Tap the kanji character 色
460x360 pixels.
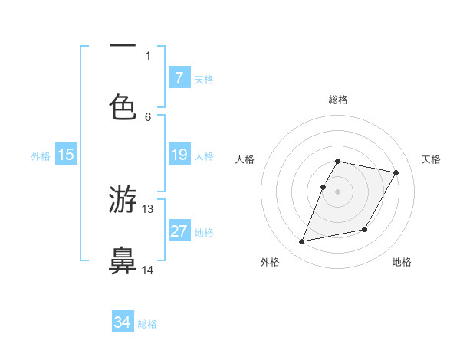[x=123, y=106]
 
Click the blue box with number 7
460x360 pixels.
[x=179, y=78]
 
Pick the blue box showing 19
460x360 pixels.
[x=179, y=155]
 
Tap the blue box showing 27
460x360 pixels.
[x=179, y=232]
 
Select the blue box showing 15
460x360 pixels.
[x=66, y=155]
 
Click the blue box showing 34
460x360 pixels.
[x=123, y=323]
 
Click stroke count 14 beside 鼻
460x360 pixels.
[x=148, y=270]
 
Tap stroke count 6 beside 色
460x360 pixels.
[x=148, y=116]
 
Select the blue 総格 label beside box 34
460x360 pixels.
[x=147, y=324]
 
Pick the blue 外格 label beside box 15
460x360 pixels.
[x=41, y=156]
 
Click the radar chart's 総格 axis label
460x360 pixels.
[x=337, y=100]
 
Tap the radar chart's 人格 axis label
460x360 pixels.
[x=245, y=159]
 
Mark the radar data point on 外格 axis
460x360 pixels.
[x=302, y=242]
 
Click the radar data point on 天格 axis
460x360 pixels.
[x=396, y=173]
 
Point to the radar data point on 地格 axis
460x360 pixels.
[x=365, y=230]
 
